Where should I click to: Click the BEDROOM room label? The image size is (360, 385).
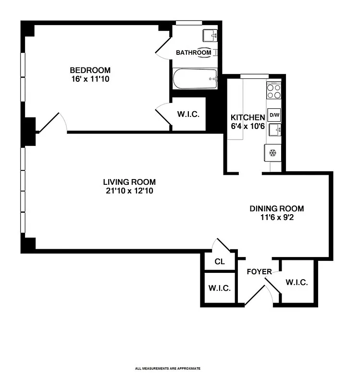90,70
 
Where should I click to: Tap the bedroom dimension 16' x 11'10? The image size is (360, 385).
90,79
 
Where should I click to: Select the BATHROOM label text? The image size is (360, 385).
193,52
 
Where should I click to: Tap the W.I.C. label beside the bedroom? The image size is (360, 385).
188,115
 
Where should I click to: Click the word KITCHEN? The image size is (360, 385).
248,117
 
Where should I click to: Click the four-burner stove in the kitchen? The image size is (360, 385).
274,91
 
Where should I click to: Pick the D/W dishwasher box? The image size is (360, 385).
274,115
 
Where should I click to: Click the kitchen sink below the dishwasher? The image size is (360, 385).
274,130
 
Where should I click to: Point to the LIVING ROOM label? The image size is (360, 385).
129,182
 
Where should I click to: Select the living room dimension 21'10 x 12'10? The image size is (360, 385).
129,191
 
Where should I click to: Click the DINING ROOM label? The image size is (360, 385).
276,208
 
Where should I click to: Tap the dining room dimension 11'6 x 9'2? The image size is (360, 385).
276,217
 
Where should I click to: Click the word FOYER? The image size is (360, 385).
259,272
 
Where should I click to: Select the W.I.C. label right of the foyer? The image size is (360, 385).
296,282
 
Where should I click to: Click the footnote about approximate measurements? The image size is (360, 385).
168,369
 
